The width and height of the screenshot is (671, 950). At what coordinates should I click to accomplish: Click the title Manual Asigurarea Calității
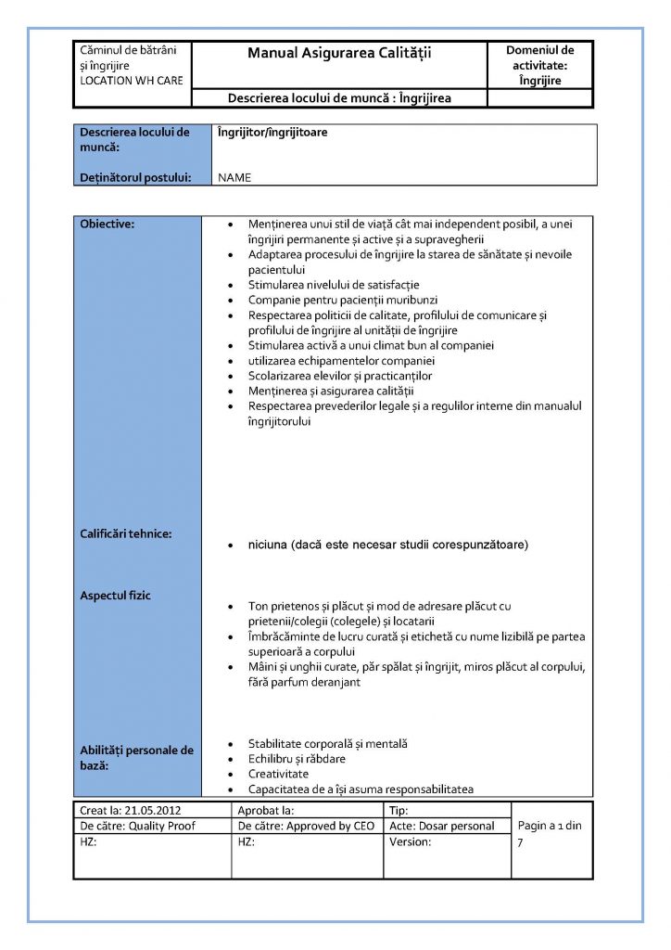pyautogui.click(x=339, y=54)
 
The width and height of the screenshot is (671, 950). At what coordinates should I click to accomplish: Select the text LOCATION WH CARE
pyautogui.click(x=131, y=81)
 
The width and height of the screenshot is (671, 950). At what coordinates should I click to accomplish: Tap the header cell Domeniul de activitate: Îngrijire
pyautogui.click(x=541, y=65)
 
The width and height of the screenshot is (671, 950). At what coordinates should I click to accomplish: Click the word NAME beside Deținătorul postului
pyautogui.click(x=234, y=177)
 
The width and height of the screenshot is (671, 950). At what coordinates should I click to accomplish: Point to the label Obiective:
pyautogui.click(x=107, y=225)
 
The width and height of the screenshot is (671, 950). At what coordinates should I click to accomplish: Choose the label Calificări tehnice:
pyautogui.click(x=126, y=533)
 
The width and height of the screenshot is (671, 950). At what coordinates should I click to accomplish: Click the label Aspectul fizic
pyautogui.click(x=116, y=595)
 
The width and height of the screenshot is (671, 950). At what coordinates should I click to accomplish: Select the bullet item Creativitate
pyautogui.click(x=278, y=774)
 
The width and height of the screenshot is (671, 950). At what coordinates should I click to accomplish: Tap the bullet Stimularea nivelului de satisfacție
pyautogui.click(x=334, y=285)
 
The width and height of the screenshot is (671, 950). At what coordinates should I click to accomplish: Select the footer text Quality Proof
pyautogui.click(x=162, y=826)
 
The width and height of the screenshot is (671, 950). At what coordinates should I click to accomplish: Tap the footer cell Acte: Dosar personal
pyautogui.click(x=442, y=826)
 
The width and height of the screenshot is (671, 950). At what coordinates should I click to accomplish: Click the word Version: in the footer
pyautogui.click(x=411, y=841)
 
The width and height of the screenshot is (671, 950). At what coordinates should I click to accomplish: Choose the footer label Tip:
pyautogui.click(x=399, y=810)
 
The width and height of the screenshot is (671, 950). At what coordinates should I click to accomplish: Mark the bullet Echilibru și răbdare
pyautogui.click(x=297, y=759)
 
